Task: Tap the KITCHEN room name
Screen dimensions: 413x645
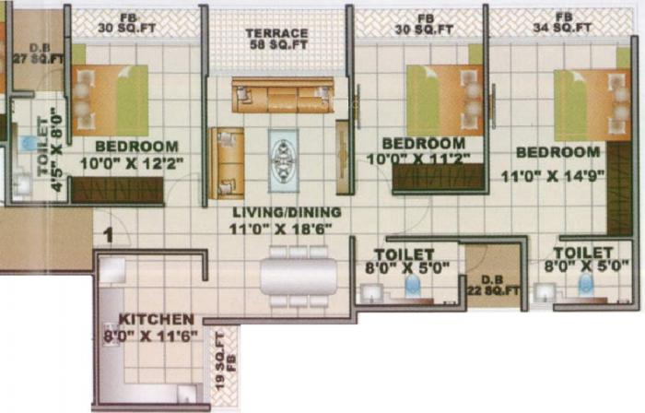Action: pos(156,319)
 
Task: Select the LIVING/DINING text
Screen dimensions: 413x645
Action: pos(287,212)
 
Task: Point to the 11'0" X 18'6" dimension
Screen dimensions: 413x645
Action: pos(287,227)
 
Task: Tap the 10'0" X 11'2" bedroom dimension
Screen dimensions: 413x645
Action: pos(424,159)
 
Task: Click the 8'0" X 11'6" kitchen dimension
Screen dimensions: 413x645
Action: pos(156,336)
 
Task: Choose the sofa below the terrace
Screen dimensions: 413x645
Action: pos(281,96)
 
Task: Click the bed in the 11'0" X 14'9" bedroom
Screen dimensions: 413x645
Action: pos(592,103)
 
